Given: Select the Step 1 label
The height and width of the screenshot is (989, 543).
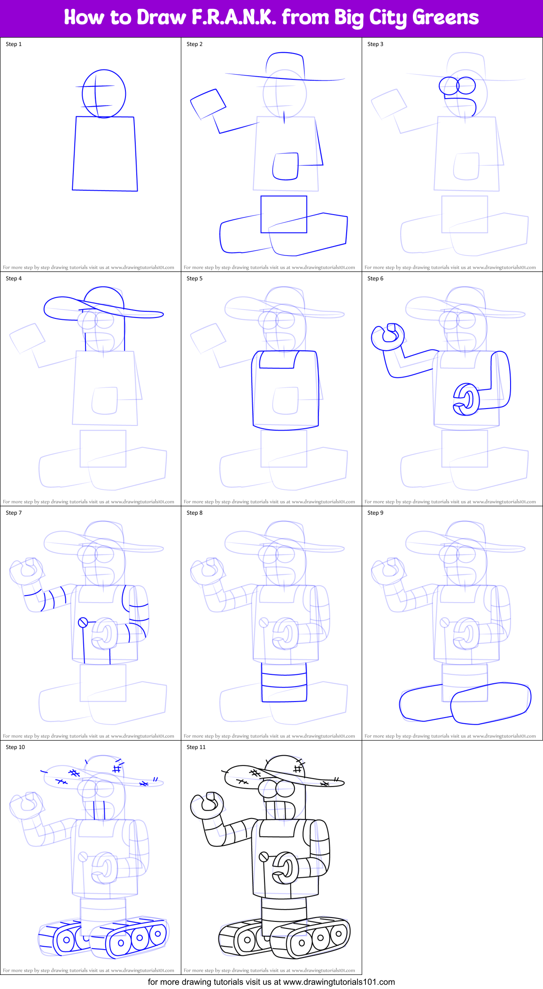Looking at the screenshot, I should pos(14,44).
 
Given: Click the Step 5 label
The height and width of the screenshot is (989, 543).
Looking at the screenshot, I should pos(194,278).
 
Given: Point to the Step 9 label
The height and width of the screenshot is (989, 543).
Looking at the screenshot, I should pos(375,513).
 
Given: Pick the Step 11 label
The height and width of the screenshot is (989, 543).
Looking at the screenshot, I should pos(196,747).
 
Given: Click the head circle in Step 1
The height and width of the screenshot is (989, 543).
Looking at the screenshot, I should pos(104,93).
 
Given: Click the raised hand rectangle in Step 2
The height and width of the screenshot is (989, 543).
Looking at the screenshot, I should pos(208,104).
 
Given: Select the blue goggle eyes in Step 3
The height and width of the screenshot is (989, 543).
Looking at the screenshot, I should pos(457,85).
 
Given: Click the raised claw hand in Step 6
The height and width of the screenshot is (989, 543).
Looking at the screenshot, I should pos(388,336).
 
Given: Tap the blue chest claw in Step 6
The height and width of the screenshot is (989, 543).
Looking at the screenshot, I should pos(466,400).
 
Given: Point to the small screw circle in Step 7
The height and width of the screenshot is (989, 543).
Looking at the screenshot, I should pos(83,622).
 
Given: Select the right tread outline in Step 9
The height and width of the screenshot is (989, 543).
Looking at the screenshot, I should pos(491,703).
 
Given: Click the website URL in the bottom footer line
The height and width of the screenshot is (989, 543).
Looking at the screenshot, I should pos(339,982).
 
